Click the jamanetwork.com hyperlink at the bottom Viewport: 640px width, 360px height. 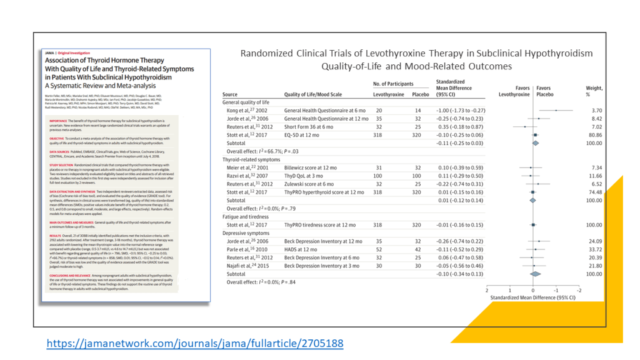click(x=196, y=343)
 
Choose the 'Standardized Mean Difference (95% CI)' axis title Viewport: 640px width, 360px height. click(x=533, y=299)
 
